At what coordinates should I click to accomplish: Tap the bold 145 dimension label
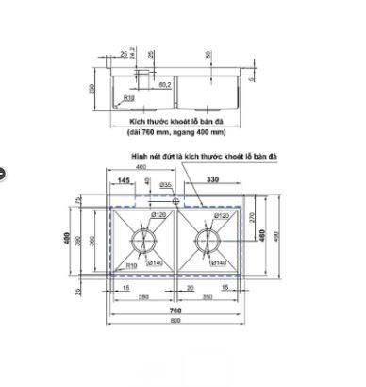[x=125, y=179]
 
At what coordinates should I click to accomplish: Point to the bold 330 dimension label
[x=214, y=179]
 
